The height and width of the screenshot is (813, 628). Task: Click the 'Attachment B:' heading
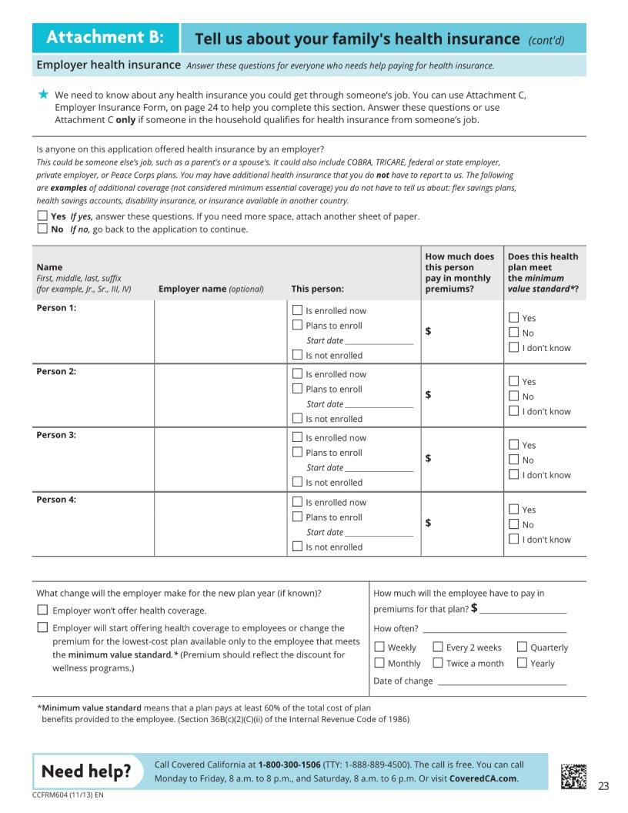tap(105, 38)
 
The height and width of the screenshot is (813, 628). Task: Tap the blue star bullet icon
tap(43, 95)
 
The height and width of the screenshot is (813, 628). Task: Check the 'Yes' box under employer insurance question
tap(42, 216)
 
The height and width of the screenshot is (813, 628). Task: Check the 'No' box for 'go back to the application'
tap(42, 229)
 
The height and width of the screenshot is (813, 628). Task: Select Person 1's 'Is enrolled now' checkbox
tap(298, 310)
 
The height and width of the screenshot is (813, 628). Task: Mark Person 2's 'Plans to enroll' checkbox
tap(298, 389)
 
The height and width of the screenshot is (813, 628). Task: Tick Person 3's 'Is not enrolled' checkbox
tap(298, 482)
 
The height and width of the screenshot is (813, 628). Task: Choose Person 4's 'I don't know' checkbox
tap(514, 539)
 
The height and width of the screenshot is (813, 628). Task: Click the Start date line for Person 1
tap(379, 341)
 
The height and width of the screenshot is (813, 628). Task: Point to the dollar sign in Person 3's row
tap(429, 459)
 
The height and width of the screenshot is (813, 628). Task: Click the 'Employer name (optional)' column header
tap(211, 289)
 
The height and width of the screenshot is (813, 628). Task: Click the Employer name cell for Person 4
tap(220, 524)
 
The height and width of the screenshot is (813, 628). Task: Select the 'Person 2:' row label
tap(56, 372)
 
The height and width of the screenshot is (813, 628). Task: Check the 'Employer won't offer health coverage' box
tap(43, 610)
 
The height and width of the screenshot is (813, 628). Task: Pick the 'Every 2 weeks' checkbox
tap(438, 647)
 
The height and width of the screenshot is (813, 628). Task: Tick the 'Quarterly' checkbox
tap(523, 647)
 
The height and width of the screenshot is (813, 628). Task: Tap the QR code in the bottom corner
tap(573, 776)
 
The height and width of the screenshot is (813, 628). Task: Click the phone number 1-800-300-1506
tap(289, 765)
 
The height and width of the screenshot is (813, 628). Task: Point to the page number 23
tap(603, 786)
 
